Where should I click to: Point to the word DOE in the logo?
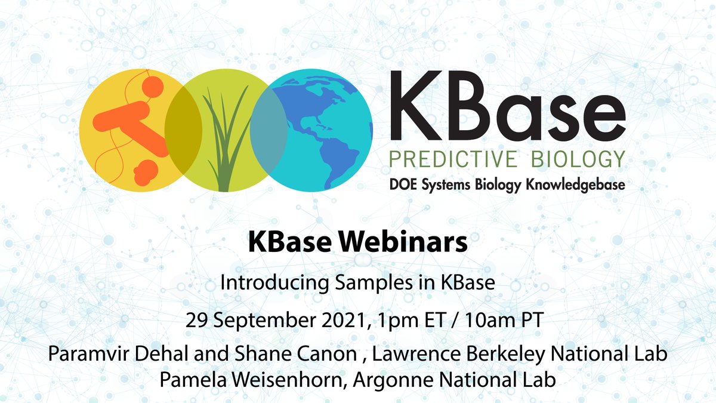(403, 184)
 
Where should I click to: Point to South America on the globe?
(334, 158)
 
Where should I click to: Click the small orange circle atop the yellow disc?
(153, 85)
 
